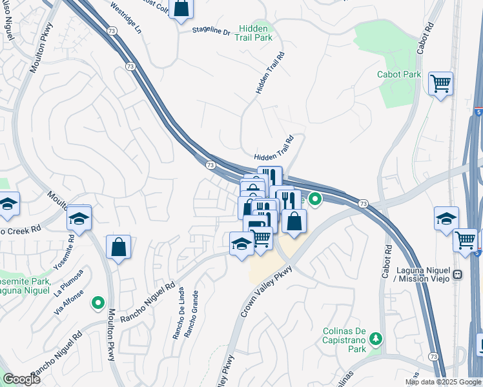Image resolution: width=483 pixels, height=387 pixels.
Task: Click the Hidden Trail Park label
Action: point(256,34)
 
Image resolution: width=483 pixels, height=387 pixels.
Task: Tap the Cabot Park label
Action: point(399,74)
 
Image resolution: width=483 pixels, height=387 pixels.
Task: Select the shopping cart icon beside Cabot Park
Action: point(440,83)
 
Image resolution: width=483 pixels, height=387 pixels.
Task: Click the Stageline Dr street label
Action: point(211,31)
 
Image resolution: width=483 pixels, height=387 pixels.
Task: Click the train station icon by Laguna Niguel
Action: point(458,274)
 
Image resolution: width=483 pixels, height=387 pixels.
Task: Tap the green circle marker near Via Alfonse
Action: point(98,301)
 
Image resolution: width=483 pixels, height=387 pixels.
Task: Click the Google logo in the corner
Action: point(21,379)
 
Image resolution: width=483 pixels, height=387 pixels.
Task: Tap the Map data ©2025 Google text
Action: point(443,382)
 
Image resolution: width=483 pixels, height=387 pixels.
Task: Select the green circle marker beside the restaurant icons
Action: point(315,199)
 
